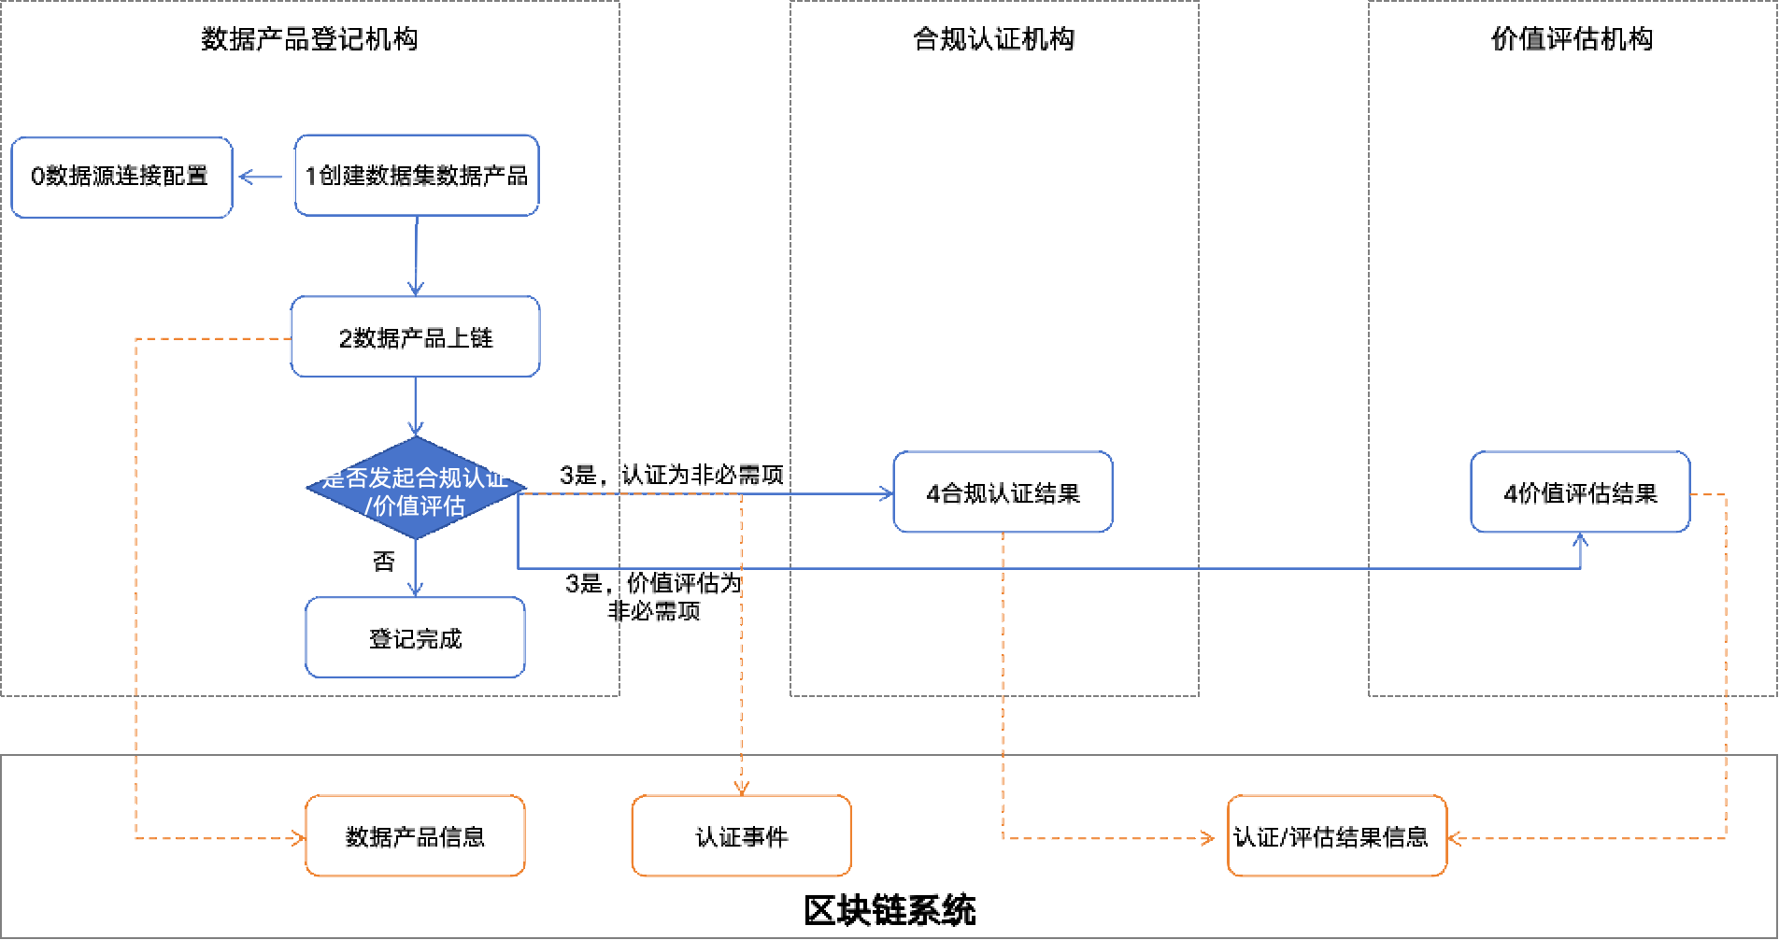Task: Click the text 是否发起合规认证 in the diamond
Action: click(x=415, y=478)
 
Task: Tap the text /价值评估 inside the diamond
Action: click(x=415, y=506)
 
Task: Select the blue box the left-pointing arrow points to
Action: click(x=121, y=178)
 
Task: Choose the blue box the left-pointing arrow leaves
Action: click(x=417, y=176)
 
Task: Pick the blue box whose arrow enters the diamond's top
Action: click(x=416, y=337)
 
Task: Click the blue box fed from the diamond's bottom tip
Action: click(x=416, y=637)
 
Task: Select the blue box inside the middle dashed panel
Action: click(x=1003, y=492)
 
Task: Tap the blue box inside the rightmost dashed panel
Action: click(x=1580, y=492)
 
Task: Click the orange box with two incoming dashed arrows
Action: click(x=1337, y=836)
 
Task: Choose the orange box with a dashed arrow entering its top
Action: click(x=741, y=836)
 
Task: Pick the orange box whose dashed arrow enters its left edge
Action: click(x=416, y=836)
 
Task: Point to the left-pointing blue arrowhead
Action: click(x=245, y=177)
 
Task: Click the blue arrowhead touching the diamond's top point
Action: click(x=416, y=430)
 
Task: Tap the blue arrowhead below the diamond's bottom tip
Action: click(x=416, y=590)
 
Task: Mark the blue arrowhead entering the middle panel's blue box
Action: click(x=887, y=493)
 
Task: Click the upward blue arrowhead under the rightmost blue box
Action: click(x=1580, y=539)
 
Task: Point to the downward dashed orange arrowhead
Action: click(x=741, y=789)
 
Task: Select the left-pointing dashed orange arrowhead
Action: click(x=1454, y=838)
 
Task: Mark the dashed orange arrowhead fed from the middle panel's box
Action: click(x=1209, y=838)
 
